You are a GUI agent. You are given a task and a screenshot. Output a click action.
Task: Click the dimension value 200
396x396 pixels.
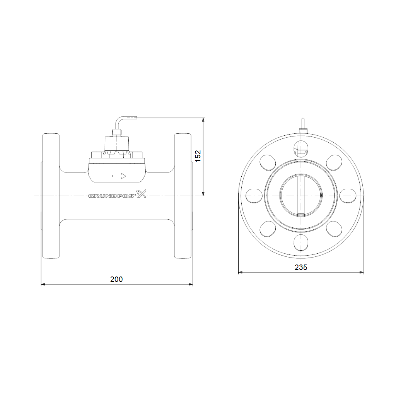click(116, 279)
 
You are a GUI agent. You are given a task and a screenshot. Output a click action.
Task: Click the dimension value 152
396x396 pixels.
click(198, 156)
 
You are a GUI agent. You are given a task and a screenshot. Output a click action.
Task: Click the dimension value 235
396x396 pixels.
click(301, 267)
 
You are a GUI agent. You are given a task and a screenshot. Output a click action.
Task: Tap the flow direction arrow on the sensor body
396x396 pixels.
click(119, 176)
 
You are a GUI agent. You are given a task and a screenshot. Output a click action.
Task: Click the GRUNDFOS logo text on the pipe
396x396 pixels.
click(111, 196)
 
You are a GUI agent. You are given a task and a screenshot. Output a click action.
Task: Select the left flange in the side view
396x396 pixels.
click(51, 196)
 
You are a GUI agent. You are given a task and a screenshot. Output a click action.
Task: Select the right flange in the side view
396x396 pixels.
click(183, 196)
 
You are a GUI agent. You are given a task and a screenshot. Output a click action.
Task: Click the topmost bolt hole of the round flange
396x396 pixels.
click(301, 148)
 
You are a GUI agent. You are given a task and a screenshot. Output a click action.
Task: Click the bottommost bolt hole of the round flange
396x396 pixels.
click(301, 242)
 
